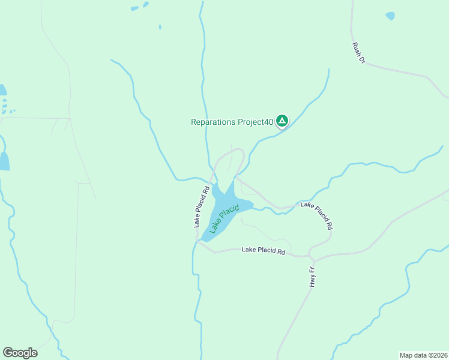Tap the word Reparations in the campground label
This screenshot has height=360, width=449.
pos(215,122)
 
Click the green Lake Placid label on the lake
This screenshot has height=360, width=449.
pos(224,218)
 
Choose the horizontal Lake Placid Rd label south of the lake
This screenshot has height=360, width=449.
pos(263,250)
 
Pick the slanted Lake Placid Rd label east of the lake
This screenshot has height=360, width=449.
pos(317,215)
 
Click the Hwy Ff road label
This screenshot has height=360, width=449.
pos(312,277)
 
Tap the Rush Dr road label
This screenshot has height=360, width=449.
pos(358,52)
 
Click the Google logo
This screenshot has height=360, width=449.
pos(20,353)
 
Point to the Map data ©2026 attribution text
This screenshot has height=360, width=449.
pos(424,355)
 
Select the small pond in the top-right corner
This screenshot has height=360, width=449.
pos(390,16)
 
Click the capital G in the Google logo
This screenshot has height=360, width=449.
pos(8,352)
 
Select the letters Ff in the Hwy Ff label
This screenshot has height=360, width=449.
pos(312,272)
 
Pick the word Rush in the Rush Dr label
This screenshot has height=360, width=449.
pos(355,47)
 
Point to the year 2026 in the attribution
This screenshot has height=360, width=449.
pos(439,355)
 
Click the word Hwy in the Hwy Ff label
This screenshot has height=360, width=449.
pos(312,281)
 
